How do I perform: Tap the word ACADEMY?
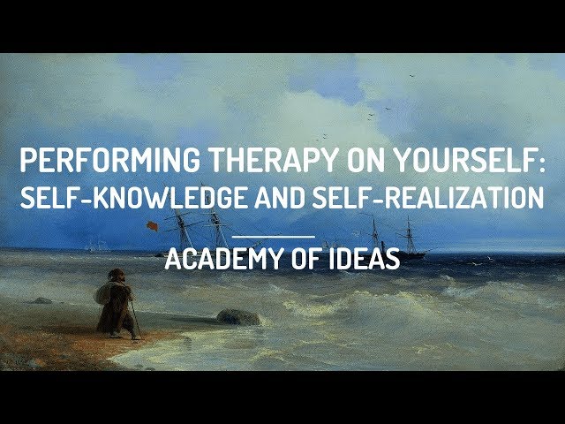click(215, 261)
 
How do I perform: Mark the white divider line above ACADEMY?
click(274, 236)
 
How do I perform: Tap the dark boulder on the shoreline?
click(238, 316)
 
